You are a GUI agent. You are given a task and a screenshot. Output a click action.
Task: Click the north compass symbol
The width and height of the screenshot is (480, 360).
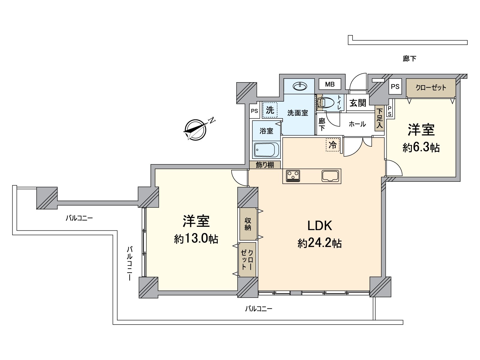tap(195, 130)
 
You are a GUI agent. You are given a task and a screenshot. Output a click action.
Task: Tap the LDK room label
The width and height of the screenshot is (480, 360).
tap(319, 226)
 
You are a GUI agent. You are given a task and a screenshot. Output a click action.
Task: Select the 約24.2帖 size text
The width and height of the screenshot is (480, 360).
tap(319, 243)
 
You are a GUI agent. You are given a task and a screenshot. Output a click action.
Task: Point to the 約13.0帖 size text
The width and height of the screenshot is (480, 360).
tap(196, 238)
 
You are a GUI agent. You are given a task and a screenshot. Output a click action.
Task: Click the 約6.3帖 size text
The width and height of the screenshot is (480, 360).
tap(421, 148)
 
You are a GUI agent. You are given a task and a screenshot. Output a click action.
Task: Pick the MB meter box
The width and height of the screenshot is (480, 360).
tap(330, 84)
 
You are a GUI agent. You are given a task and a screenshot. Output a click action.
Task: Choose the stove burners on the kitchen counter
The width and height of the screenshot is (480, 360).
tap(293, 176)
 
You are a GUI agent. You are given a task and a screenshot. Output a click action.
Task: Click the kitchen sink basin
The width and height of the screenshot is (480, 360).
tap(330, 176)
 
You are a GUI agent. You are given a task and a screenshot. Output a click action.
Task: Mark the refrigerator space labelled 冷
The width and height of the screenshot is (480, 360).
tap(333, 145)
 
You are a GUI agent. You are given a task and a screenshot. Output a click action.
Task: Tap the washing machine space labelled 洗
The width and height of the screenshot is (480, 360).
tap(270, 110)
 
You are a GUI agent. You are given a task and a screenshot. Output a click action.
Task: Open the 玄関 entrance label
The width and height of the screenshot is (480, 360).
tap(358, 103)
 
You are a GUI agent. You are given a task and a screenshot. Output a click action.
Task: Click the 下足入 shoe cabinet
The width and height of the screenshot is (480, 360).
tap(379, 118)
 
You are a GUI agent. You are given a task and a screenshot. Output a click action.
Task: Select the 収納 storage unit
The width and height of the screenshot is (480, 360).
tap(248, 224)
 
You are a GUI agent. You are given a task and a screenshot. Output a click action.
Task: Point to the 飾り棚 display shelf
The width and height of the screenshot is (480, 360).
tap(265, 165)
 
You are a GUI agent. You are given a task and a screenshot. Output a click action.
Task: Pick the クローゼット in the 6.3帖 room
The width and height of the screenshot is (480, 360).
tap(431, 88)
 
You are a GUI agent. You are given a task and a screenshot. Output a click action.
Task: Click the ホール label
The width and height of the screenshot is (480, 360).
tap(357, 124)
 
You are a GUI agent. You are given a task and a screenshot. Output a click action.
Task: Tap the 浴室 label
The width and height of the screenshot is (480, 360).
tap(266, 131)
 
